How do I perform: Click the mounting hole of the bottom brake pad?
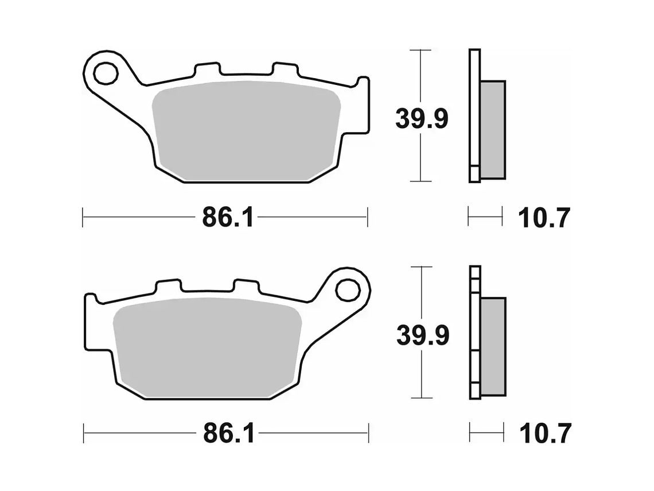click(347, 290)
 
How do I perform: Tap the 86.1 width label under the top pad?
click(227, 218)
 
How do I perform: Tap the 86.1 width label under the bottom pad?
click(228, 434)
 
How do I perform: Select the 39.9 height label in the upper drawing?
click(422, 119)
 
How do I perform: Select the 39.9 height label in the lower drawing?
click(422, 335)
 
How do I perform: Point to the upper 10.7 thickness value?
click(544, 219)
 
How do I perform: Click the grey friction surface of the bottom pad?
click(207, 348)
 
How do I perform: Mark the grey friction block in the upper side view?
click(492, 129)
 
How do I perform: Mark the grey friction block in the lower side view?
click(493, 346)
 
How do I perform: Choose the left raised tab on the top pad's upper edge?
click(207, 69)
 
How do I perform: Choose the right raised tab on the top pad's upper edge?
click(285, 69)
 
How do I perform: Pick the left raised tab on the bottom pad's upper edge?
click(169, 286)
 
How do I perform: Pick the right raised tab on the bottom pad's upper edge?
click(247, 286)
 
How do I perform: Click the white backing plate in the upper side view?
click(474, 115)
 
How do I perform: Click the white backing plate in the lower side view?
click(474, 333)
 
